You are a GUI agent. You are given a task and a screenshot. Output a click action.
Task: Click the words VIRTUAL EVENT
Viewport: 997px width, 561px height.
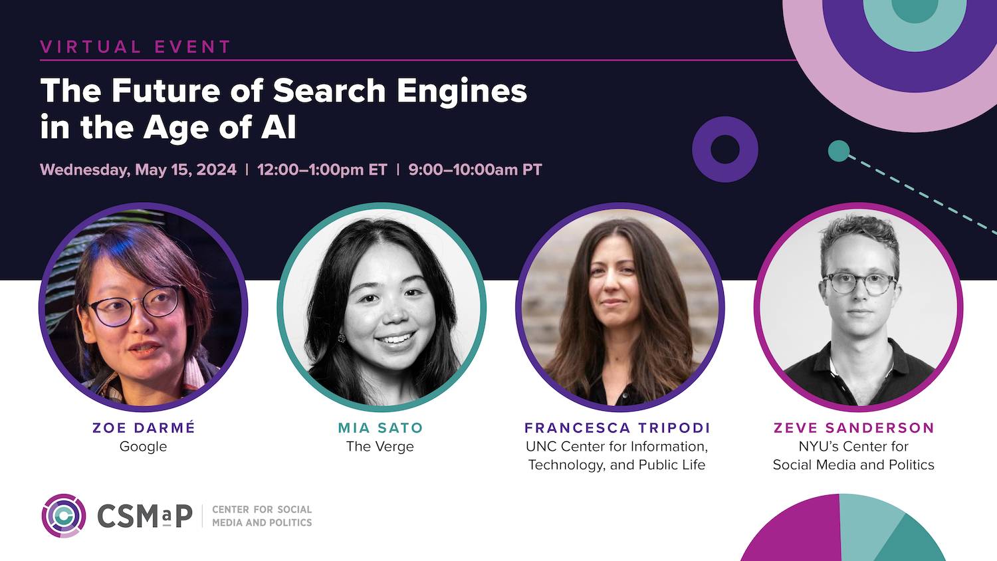click(x=136, y=47)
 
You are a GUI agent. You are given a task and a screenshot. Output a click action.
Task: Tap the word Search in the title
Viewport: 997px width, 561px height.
click(x=329, y=91)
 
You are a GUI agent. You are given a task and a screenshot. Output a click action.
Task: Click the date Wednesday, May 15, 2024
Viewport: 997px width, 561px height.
click(x=138, y=169)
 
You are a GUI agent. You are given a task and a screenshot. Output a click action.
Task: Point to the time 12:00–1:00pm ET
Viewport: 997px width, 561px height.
click(x=322, y=169)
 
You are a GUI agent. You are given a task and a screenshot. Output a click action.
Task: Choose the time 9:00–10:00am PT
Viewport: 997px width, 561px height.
click(x=475, y=169)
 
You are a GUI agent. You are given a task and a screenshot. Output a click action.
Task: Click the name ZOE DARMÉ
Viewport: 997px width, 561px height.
click(x=144, y=427)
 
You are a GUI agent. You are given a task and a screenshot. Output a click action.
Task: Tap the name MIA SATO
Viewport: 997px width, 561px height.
click(x=381, y=428)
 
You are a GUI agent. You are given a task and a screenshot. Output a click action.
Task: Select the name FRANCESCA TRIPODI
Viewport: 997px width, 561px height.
click(x=617, y=428)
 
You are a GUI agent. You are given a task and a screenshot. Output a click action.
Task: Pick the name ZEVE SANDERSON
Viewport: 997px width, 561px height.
click(x=853, y=428)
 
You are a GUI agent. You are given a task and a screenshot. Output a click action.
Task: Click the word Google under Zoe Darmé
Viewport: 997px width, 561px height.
click(x=144, y=447)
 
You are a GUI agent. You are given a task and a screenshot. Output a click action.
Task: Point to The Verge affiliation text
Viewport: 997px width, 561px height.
click(x=380, y=446)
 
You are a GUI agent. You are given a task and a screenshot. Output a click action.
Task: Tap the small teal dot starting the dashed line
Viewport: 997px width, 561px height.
click(x=839, y=151)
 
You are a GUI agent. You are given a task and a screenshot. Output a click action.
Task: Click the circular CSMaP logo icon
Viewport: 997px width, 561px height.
click(x=64, y=516)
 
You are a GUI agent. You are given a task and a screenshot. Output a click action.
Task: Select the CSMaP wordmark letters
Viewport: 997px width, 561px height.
click(x=145, y=516)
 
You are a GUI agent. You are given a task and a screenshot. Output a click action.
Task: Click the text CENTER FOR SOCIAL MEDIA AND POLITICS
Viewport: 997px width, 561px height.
click(x=262, y=516)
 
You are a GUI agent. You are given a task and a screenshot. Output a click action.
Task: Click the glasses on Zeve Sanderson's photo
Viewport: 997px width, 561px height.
click(x=859, y=284)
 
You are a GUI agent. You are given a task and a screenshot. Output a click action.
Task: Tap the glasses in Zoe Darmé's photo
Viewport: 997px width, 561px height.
click(x=134, y=306)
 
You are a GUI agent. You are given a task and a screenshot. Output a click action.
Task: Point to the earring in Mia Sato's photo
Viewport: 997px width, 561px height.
click(x=342, y=338)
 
